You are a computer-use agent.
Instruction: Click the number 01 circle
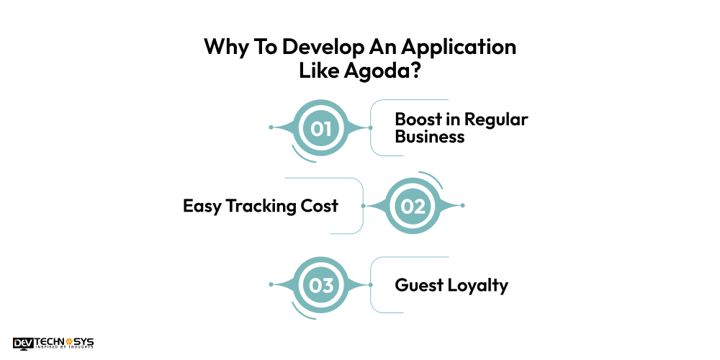pyautogui.click(x=320, y=128)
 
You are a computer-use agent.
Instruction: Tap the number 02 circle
pyautogui.click(x=413, y=206)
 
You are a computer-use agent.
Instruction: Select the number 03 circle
pyautogui.click(x=320, y=285)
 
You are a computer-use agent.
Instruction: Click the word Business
pyautogui.click(x=430, y=136)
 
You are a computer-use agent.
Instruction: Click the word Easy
pyautogui.click(x=202, y=206)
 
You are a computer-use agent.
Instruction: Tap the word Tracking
pyautogui.click(x=264, y=206)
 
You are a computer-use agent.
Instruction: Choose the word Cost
pyautogui.click(x=321, y=206)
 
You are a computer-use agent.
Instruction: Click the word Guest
pyautogui.click(x=418, y=285)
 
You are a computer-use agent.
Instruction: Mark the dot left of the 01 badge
pyautogui.click(x=271, y=127)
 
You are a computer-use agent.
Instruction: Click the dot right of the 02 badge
pyautogui.click(x=463, y=206)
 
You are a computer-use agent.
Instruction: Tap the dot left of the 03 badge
pyautogui.click(x=271, y=285)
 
